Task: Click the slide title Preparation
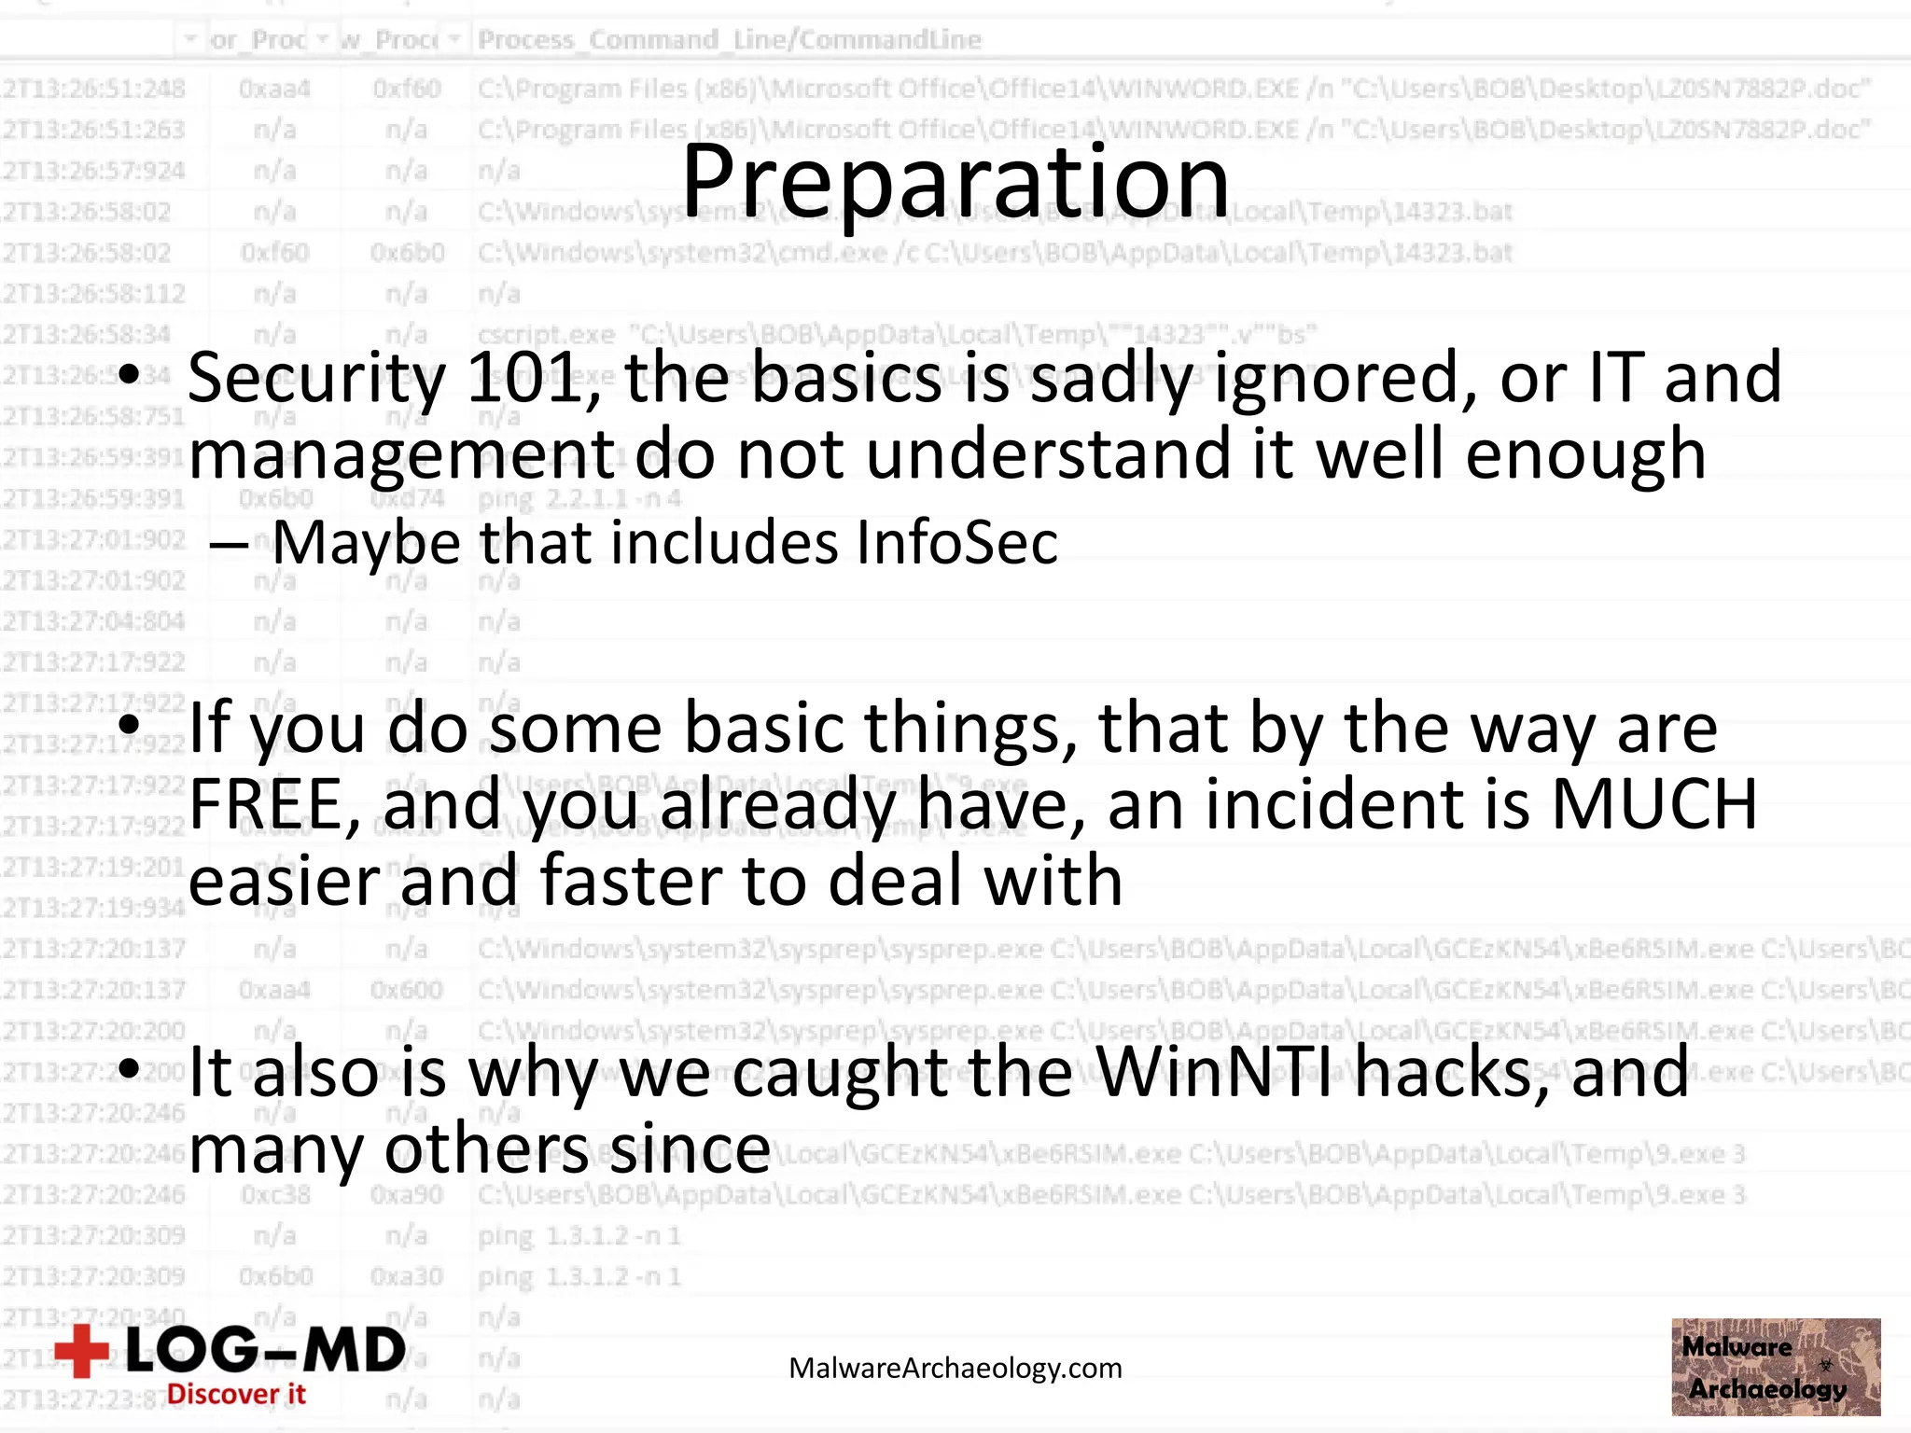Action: [955, 182]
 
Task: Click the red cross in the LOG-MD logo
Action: [82, 1350]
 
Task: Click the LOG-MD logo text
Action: [266, 1350]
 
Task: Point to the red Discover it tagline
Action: [236, 1395]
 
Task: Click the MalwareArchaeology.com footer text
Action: [955, 1369]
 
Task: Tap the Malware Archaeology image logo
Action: [1775, 1367]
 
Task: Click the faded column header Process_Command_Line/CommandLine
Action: [730, 40]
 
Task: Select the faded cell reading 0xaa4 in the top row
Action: [274, 90]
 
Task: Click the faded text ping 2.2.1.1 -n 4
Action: [579, 499]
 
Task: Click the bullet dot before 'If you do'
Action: [130, 725]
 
